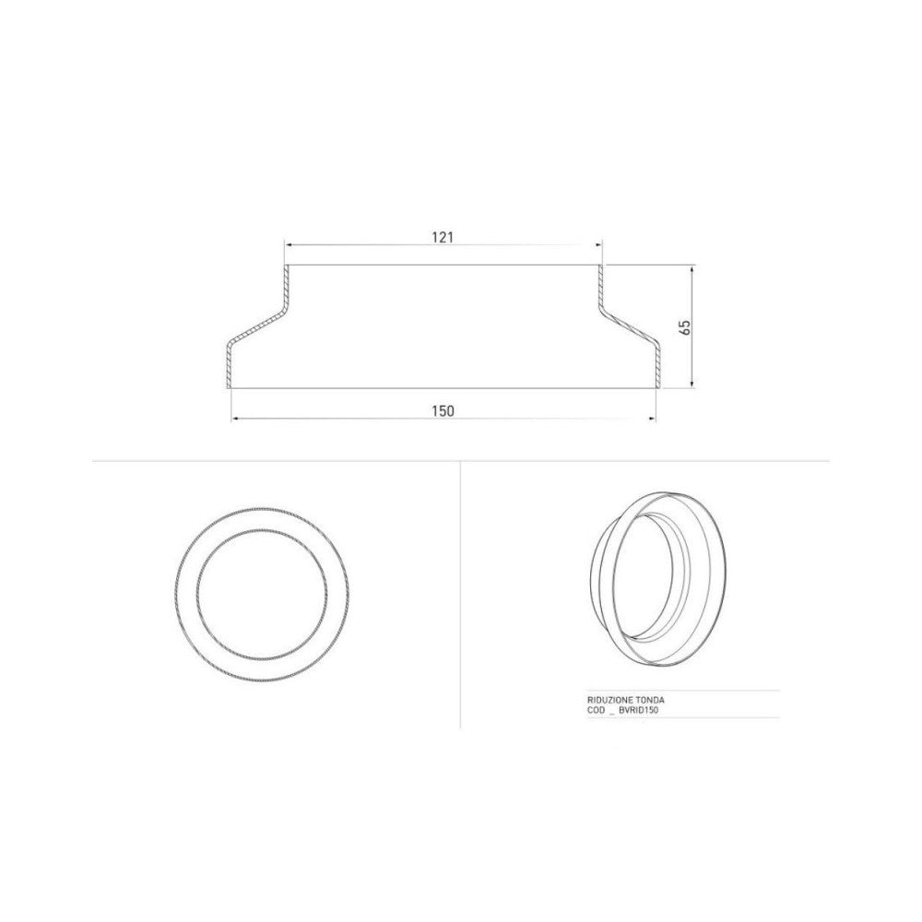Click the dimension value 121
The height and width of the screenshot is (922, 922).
click(x=443, y=237)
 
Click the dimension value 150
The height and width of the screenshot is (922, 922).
click(x=443, y=410)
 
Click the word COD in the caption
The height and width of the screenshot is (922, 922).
click(x=595, y=712)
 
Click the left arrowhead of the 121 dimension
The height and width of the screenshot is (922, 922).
click(x=288, y=246)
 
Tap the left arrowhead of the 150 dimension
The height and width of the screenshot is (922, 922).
click(x=235, y=419)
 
